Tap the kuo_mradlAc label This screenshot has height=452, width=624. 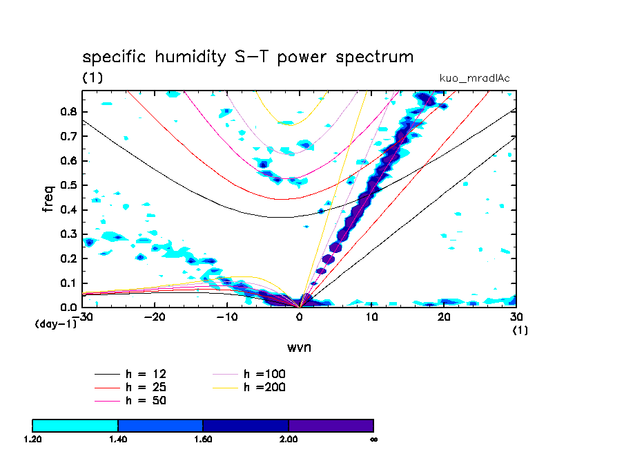tap(475, 78)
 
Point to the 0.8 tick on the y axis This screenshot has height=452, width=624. tap(68, 112)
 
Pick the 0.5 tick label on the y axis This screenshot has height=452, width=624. tap(68, 185)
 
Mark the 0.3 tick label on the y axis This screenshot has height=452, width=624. tap(68, 234)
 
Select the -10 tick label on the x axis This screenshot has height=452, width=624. tap(226, 316)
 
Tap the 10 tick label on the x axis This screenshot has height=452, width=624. tap(371, 316)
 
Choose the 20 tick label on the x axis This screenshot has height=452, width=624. tap(444, 316)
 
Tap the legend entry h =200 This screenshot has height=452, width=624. tap(264, 387)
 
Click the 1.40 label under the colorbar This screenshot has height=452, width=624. tap(118, 439)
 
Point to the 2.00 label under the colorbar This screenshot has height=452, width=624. tap(288, 439)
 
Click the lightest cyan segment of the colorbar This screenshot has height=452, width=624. tap(75, 425)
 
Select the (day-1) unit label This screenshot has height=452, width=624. tap(55, 323)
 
